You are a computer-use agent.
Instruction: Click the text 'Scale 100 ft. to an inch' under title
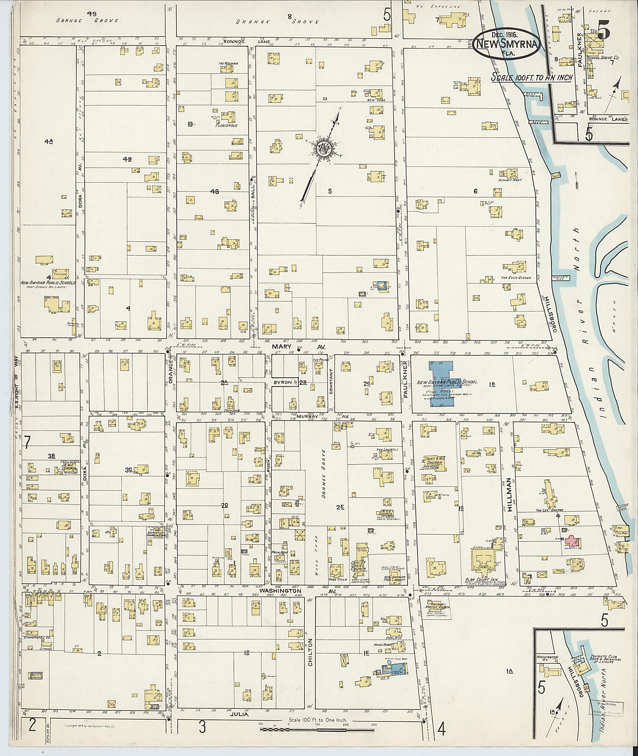[x=531, y=78]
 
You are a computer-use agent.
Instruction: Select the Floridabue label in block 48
[x=227, y=126]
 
